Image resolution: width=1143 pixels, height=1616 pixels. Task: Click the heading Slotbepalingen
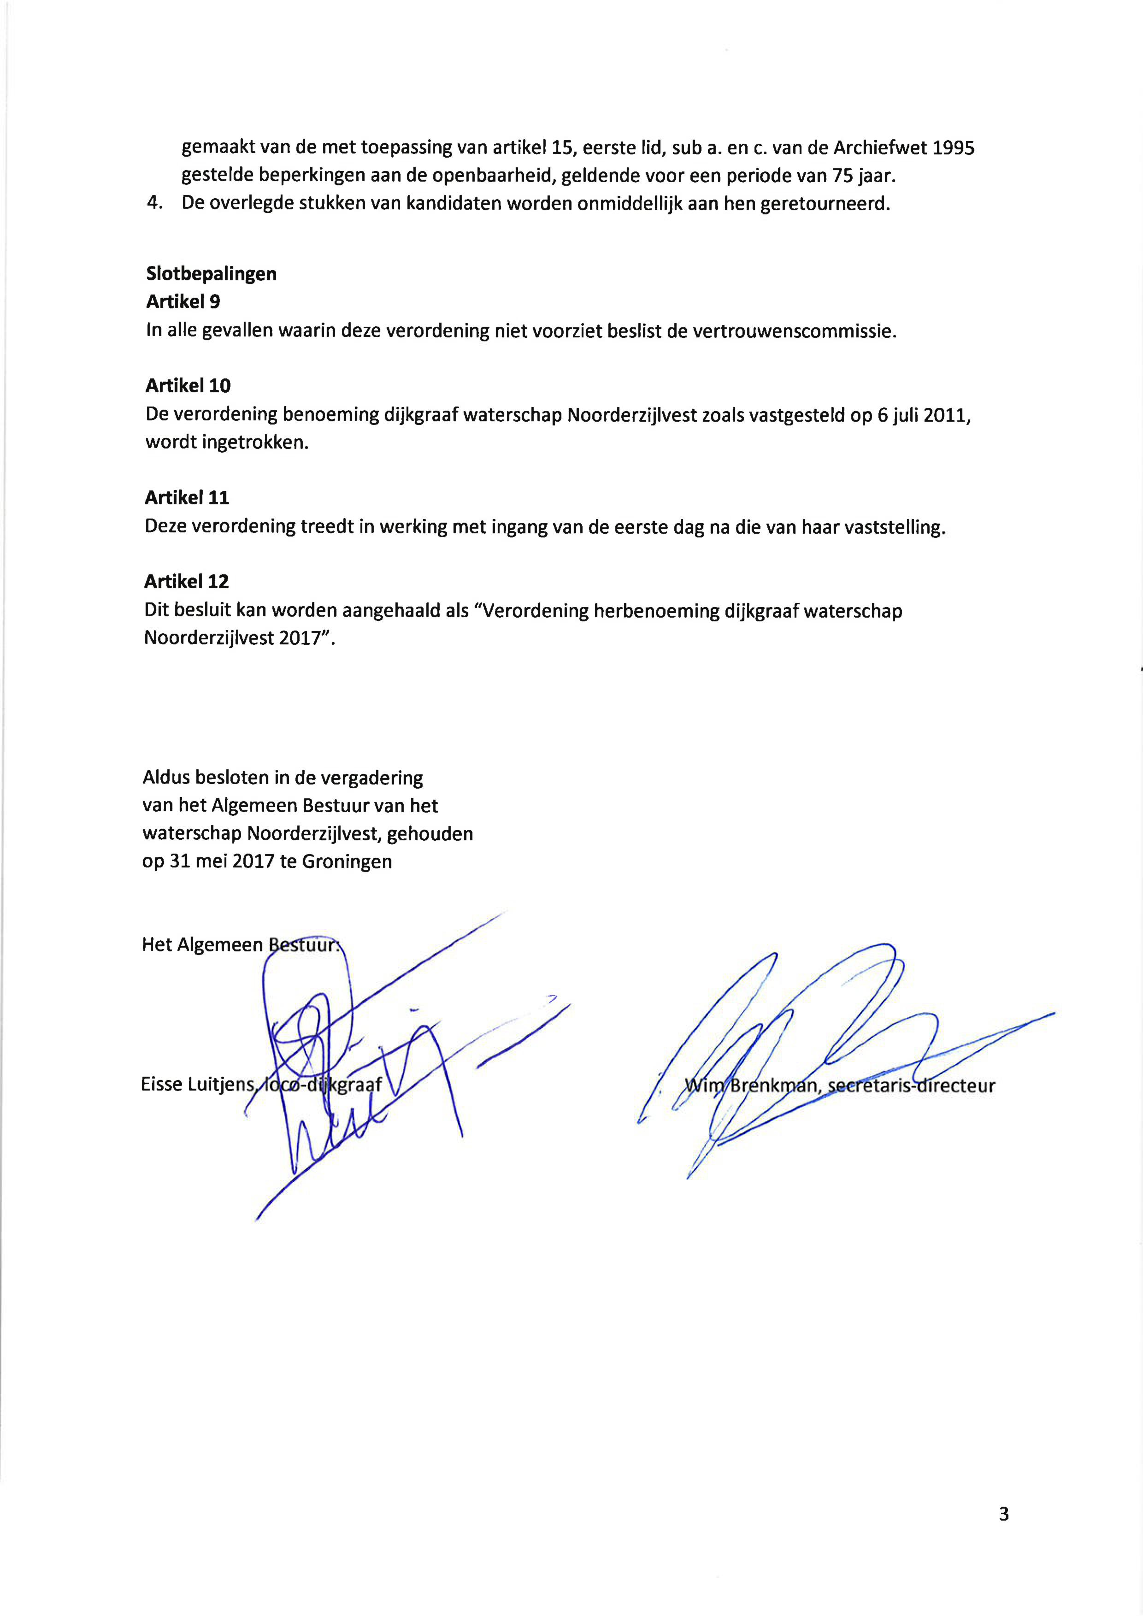(x=211, y=274)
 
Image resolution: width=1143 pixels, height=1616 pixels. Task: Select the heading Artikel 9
(x=183, y=302)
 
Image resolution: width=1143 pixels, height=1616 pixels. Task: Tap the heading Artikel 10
(x=188, y=386)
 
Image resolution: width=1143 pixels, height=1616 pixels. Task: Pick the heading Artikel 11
(x=187, y=498)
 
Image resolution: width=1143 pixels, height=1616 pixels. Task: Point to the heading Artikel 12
(x=187, y=581)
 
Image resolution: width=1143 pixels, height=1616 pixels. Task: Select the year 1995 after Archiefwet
(x=953, y=148)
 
